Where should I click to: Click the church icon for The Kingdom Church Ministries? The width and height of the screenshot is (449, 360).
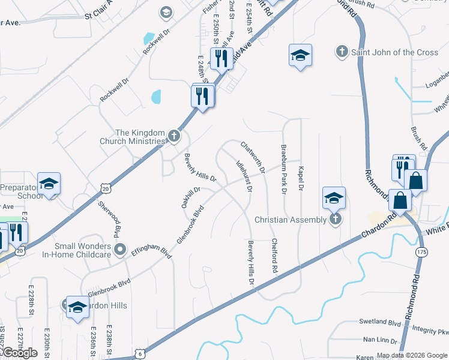click(173, 136)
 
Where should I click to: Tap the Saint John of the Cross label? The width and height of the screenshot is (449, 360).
click(394, 52)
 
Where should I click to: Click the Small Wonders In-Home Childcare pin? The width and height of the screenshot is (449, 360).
click(121, 250)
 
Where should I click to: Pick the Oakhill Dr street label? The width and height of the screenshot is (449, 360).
click(191, 197)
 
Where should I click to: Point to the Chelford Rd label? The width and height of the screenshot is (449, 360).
click(275, 257)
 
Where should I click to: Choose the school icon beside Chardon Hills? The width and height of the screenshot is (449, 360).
click(77, 308)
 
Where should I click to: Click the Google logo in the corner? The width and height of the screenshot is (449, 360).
click(20, 353)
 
